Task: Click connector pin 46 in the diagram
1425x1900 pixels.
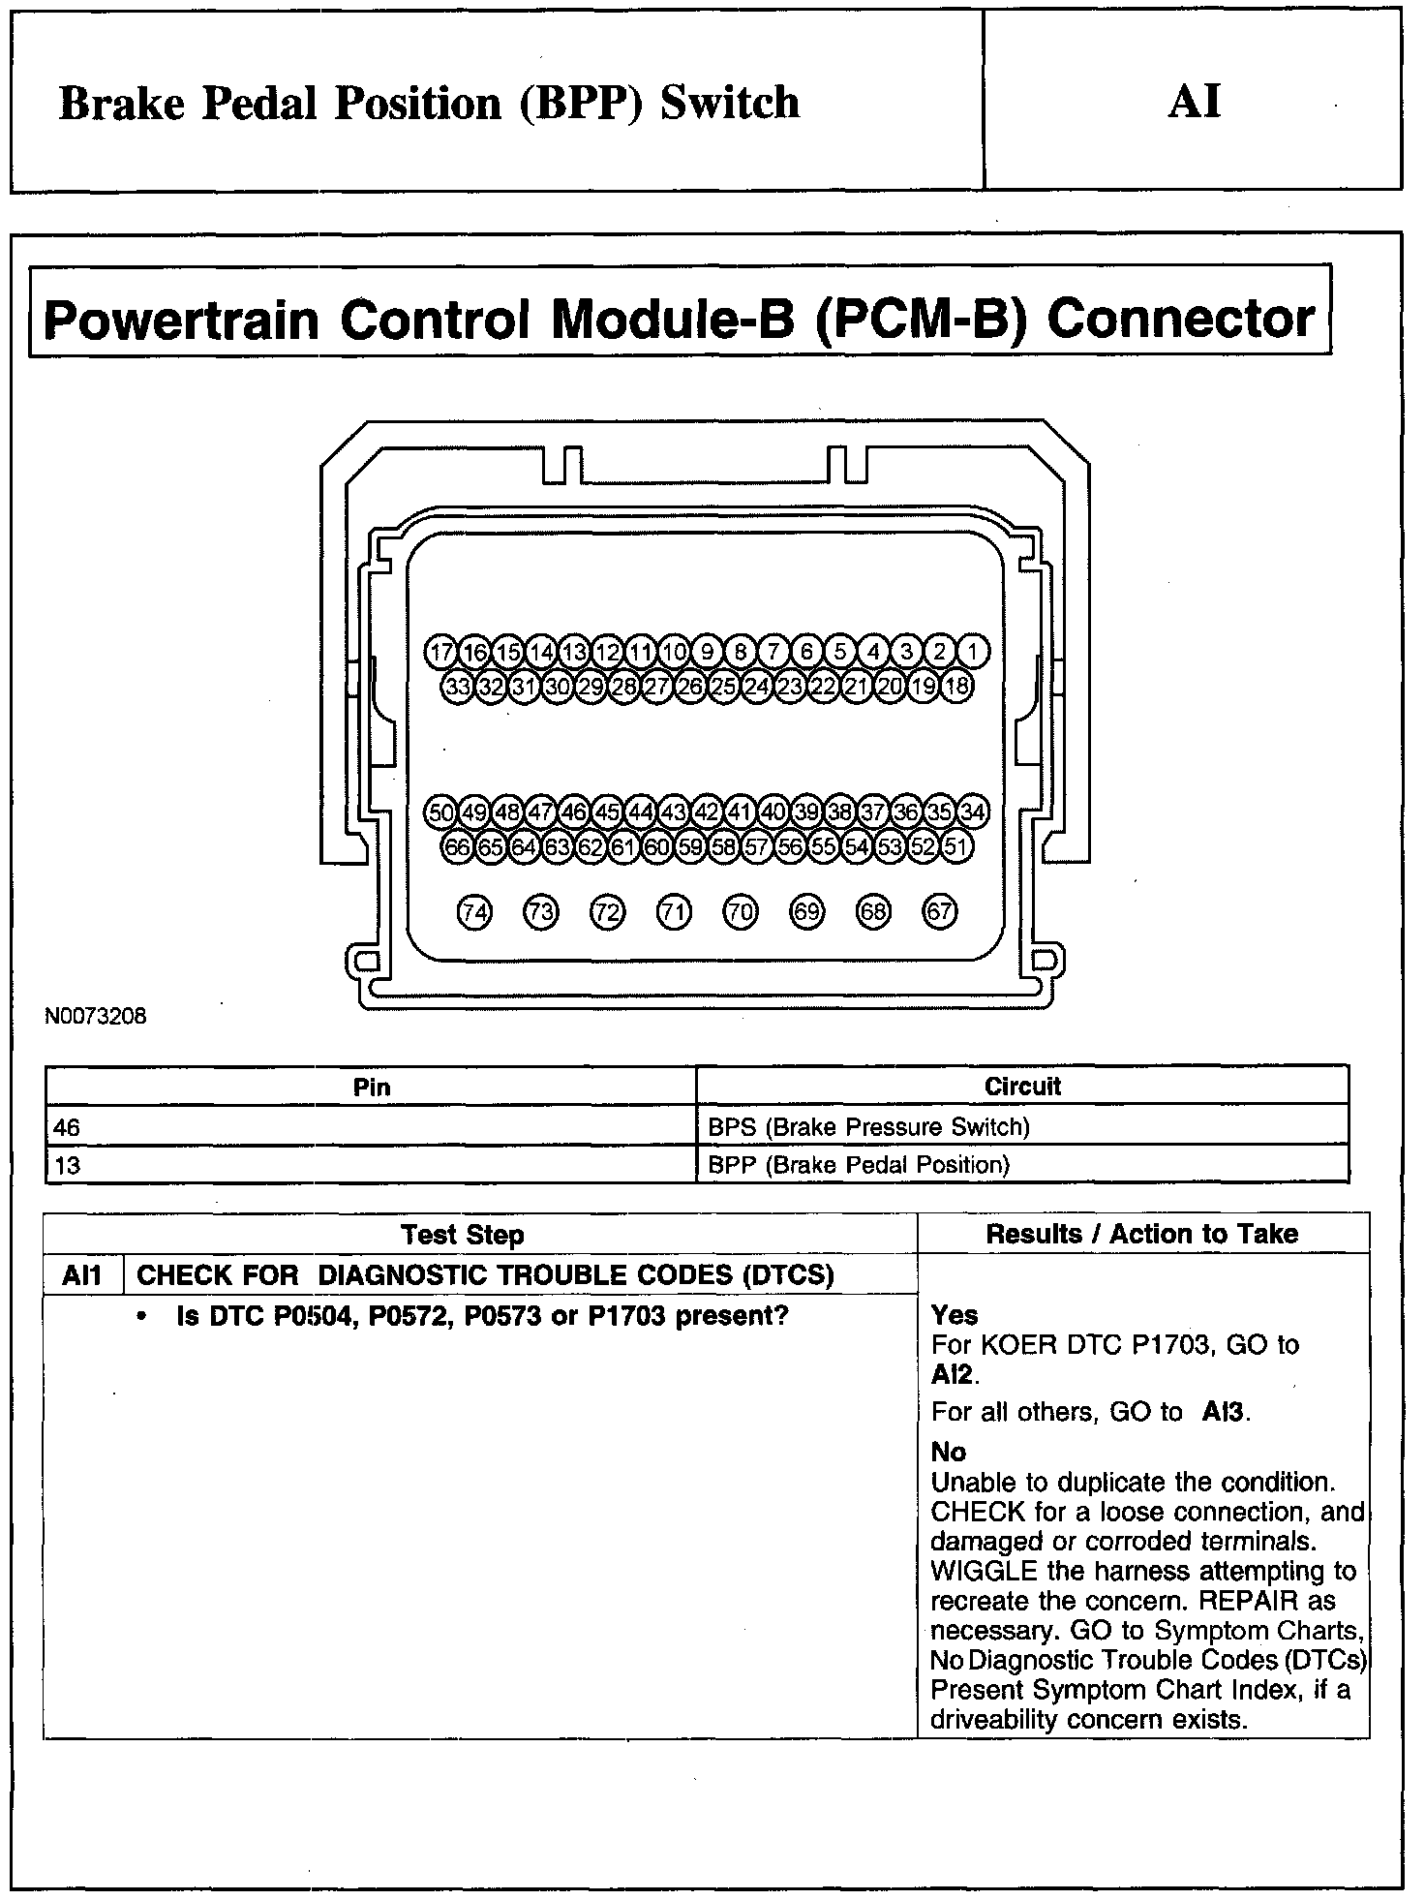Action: (574, 812)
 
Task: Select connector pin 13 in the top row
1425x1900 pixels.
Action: (574, 652)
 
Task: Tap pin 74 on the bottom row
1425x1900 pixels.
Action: (474, 912)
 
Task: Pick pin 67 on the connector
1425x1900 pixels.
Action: (940, 912)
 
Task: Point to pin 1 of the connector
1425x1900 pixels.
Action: (973, 652)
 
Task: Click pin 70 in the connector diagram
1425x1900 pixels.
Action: (741, 912)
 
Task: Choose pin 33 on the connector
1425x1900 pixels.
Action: (457, 688)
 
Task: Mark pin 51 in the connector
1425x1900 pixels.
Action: (956, 847)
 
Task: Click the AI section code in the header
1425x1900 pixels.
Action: (1195, 102)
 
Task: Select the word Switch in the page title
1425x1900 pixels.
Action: (730, 103)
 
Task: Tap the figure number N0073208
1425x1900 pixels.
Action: (95, 1018)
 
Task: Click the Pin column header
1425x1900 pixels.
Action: (372, 1088)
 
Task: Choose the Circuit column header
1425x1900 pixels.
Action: (1022, 1087)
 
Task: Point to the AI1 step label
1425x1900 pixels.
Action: (82, 1275)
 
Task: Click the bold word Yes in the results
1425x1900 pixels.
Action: (954, 1315)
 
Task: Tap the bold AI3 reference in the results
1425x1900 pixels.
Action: (1224, 1412)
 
